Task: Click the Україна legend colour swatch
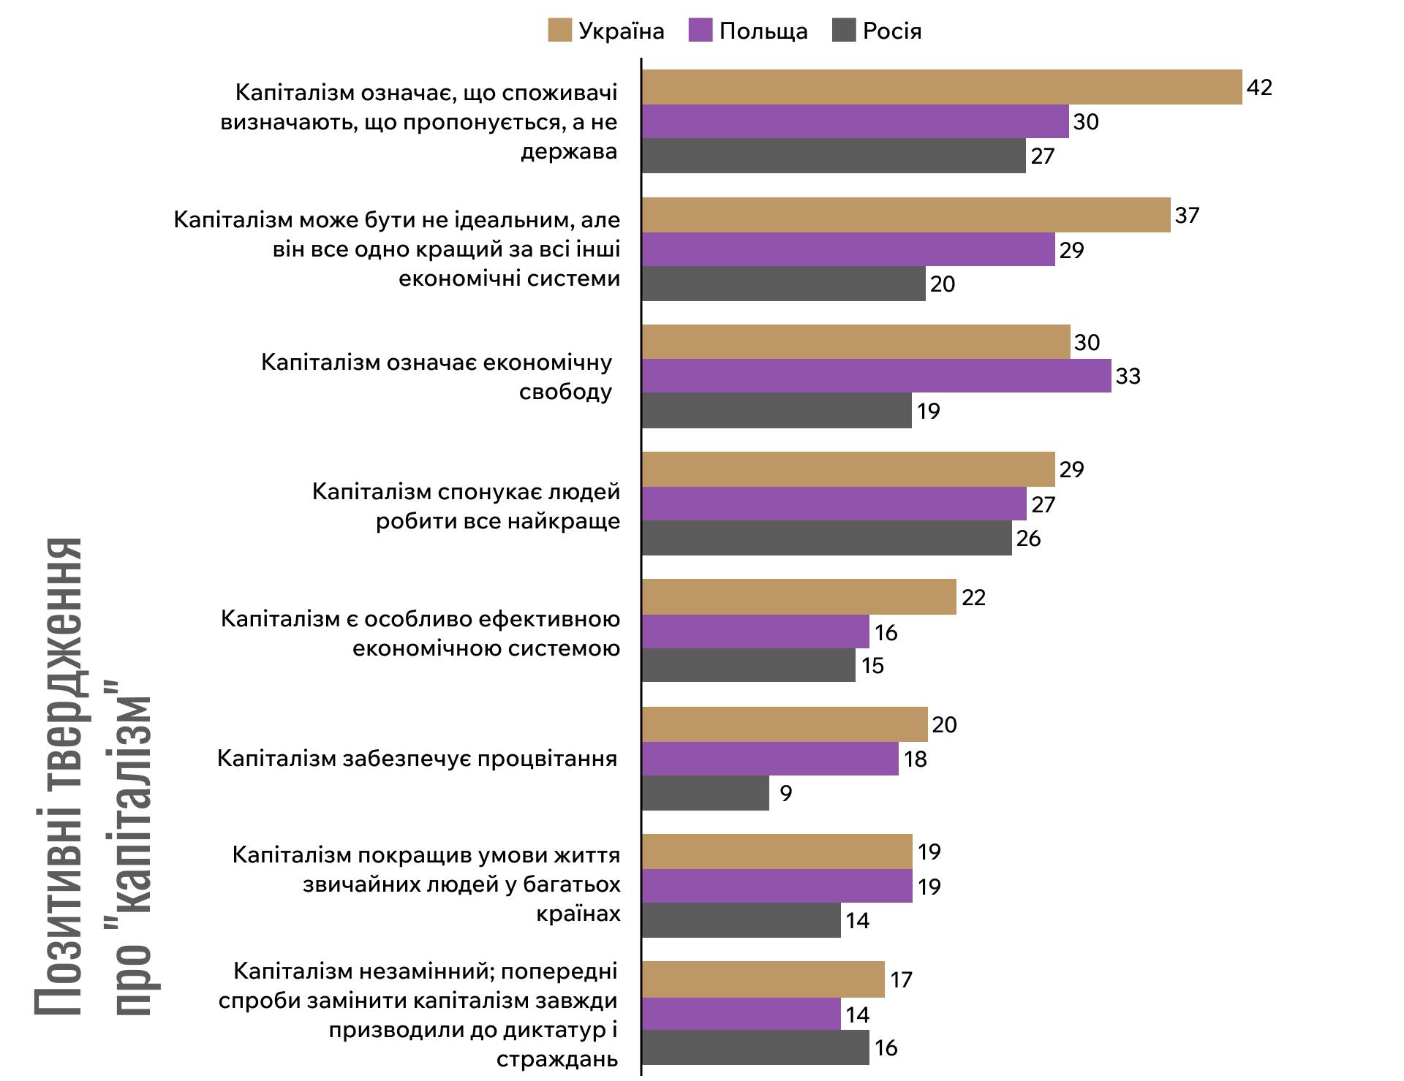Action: point(559,31)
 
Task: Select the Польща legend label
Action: point(763,31)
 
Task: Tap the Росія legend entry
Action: point(891,31)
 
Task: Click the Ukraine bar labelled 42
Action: point(942,87)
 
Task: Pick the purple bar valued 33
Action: point(876,376)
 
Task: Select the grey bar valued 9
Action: point(706,793)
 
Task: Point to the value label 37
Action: point(1187,215)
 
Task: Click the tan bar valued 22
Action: point(799,597)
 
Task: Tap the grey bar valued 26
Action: point(827,539)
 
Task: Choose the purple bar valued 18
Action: point(770,759)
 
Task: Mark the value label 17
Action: point(902,979)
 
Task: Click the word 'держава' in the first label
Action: point(569,152)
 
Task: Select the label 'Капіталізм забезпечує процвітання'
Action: point(418,759)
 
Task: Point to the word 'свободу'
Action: point(565,392)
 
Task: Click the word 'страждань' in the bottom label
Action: point(557,1059)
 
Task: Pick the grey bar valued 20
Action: point(784,284)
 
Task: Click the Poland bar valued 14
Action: point(741,1014)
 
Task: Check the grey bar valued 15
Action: point(749,665)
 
